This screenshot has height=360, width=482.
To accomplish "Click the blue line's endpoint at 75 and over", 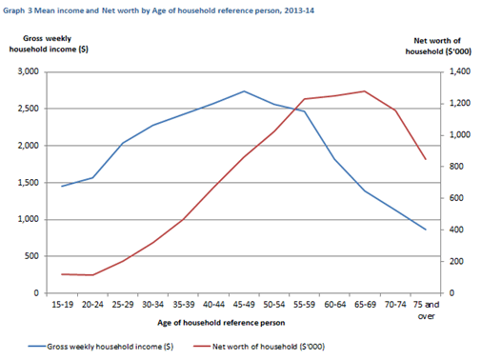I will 426,230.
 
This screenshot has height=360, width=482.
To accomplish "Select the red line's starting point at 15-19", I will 61,274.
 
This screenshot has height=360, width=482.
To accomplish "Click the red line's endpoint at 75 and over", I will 426,159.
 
